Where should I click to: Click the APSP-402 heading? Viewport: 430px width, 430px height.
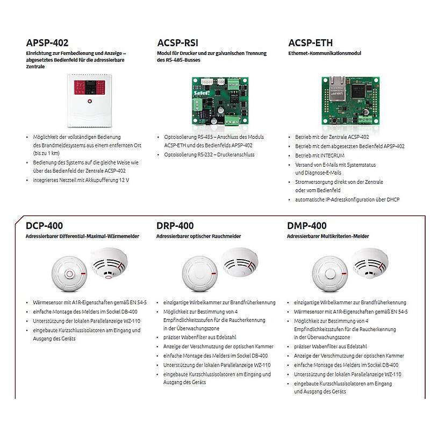pyautogui.click(x=47, y=43)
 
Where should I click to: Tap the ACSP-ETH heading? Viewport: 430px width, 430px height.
pyautogui.click(x=311, y=43)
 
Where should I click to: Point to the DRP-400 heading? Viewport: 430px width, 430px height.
pyautogui.click(x=175, y=226)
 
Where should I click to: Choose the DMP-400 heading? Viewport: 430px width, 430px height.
pyautogui.click(x=307, y=226)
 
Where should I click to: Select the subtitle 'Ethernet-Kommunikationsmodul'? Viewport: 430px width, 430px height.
pyautogui.click(x=325, y=54)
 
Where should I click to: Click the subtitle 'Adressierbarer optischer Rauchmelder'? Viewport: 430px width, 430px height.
pyautogui.click(x=198, y=236)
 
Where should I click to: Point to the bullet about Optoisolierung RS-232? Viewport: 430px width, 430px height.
pyautogui.click(x=209, y=154)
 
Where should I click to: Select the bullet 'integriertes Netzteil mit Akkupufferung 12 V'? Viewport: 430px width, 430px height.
pyautogui.click(x=81, y=180)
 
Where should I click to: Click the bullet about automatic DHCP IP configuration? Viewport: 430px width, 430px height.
pyautogui.click(x=347, y=199)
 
